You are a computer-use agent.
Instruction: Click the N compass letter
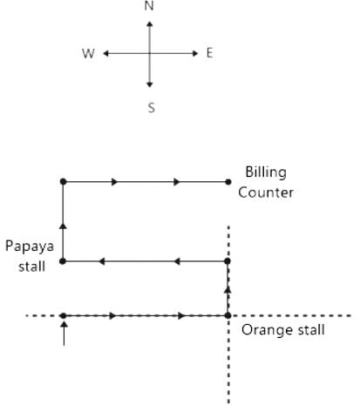coord(149,6)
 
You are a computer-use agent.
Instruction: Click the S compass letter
coord(152,108)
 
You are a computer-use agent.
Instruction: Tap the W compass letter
coord(88,54)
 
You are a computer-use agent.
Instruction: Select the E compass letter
coord(209,53)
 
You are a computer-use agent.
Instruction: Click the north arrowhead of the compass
coord(149,24)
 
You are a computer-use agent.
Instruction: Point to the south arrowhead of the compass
coord(149,84)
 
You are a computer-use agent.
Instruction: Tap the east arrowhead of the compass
coord(195,53)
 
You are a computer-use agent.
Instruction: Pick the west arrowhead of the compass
coord(106,53)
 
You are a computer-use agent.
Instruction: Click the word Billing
coord(266,172)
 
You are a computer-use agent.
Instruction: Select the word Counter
coord(266,192)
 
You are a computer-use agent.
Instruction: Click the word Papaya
coord(30,247)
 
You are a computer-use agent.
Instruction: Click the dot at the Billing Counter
coord(228,182)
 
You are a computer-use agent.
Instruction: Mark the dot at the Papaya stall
coord(63,261)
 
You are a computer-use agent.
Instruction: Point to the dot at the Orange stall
coord(228,315)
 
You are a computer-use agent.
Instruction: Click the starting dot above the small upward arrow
coord(64,315)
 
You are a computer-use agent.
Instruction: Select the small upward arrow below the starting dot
coord(64,334)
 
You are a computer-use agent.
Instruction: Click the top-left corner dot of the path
coord(63,182)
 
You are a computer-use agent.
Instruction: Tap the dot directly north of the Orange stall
coord(228,261)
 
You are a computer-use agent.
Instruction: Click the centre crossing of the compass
coord(149,53)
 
